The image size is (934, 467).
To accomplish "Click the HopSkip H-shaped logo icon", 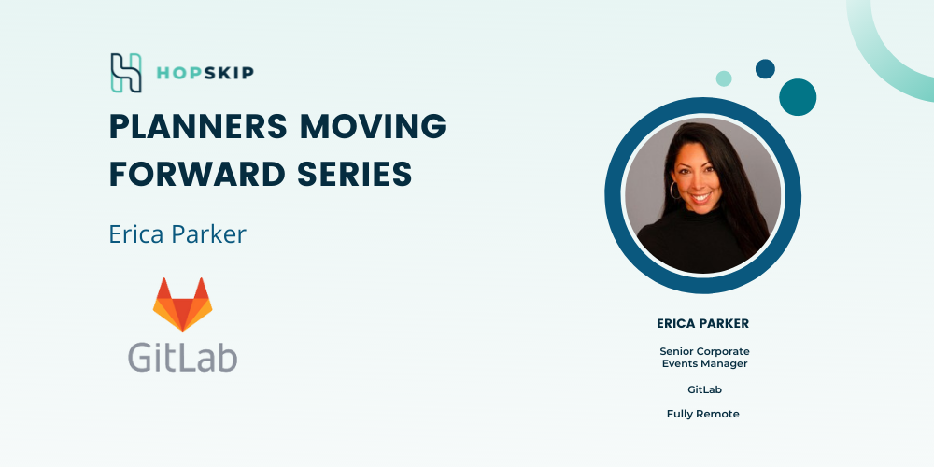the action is [x=126, y=73].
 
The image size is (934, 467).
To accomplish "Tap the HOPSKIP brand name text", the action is [x=205, y=73].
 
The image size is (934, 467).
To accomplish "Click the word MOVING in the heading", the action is [x=373, y=126].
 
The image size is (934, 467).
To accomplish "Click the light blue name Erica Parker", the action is [x=177, y=234].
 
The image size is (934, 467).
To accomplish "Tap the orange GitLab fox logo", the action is [x=182, y=304].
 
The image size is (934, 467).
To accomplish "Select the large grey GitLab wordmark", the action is [x=183, y=357].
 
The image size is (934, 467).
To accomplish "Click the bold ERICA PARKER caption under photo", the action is [x=703, y=323].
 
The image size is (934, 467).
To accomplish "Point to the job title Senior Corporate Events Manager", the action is [x=704, y=358].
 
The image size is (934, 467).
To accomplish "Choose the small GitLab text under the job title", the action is [x=704, y=389].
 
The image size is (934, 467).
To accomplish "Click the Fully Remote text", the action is [x=703, y=414].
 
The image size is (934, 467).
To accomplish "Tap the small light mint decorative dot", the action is [x=724, y=78].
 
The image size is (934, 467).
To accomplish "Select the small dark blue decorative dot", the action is [x=765, y=68].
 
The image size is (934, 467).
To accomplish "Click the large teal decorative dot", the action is [x=798, y=97].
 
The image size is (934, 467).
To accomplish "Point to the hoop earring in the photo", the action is [x=675, y=191].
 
